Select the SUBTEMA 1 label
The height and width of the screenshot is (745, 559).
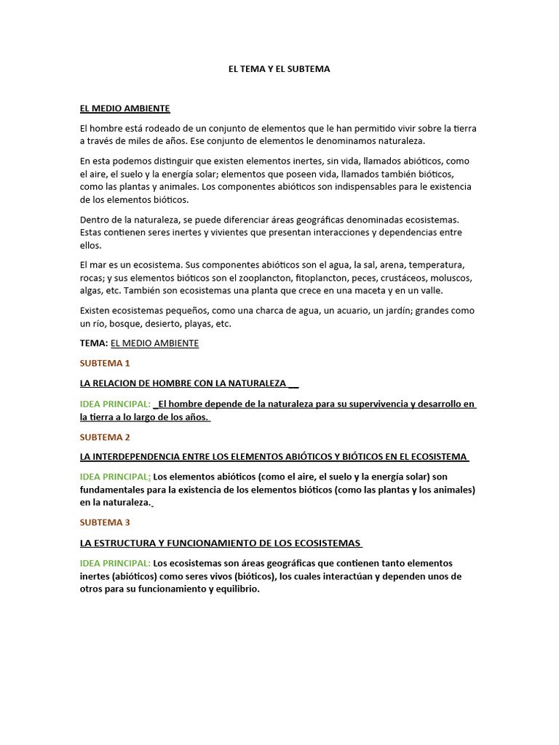tap(105, 363)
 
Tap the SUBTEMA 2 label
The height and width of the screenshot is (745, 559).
tap(105, 437)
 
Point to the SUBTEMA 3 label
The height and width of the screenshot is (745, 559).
tap(105, 522)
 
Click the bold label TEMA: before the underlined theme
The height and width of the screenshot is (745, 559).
tap(94, 343)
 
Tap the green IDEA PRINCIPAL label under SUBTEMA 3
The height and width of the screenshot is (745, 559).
tap(115, 564)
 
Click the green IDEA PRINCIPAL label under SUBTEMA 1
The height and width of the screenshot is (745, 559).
tap(115, 405)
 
